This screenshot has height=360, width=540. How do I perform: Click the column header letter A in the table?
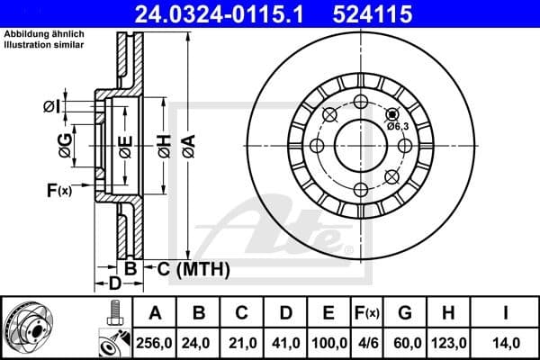click(155, 313)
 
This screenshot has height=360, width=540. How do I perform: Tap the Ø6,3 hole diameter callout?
click(398, 126)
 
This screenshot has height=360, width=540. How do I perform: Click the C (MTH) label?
click(193, 269)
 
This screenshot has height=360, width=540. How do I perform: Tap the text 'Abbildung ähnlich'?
click(36, 34)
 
